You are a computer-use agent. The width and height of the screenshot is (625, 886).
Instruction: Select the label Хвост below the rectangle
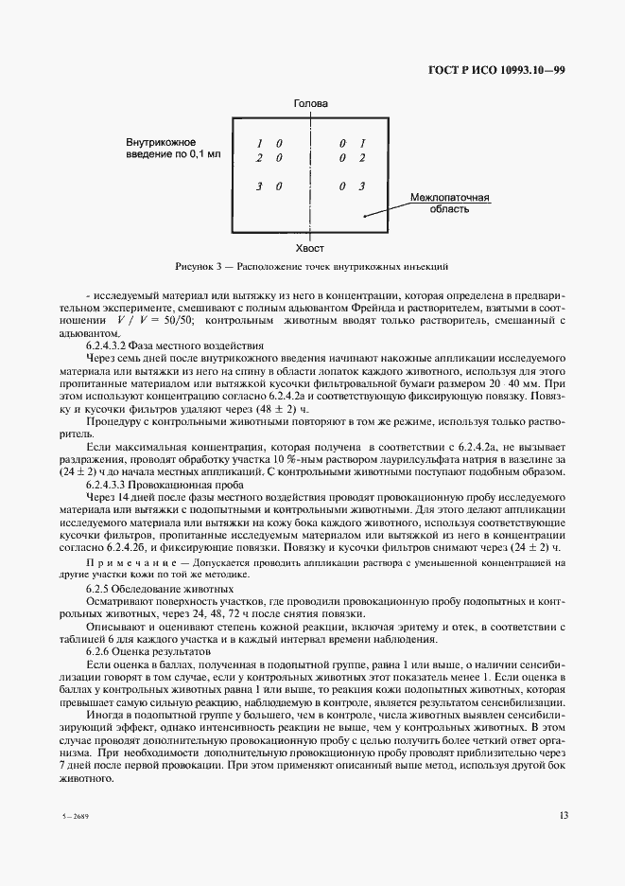[310, 247]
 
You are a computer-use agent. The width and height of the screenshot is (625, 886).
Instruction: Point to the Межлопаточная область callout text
[449, 204]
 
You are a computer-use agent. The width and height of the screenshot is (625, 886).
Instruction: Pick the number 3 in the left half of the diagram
[258, 186]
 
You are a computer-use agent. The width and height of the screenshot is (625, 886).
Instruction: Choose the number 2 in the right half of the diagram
[360, 158]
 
